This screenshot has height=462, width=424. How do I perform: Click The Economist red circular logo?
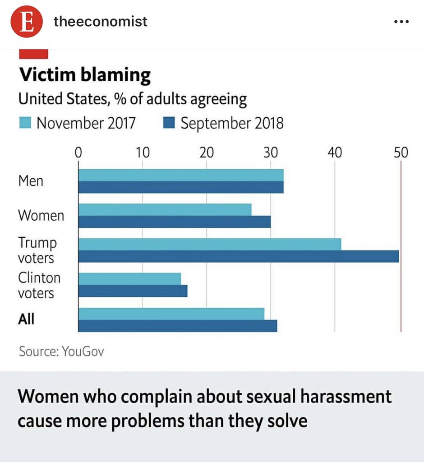[x=27, y=21]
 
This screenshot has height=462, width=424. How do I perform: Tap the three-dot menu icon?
[x=401, y=22]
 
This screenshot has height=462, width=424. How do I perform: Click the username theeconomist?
[x=100, y=21]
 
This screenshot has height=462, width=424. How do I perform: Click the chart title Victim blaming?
[x=84, y=75]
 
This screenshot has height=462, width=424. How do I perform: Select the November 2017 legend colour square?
[x=25, y=123]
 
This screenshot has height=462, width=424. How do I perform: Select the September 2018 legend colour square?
[x=169, y=123]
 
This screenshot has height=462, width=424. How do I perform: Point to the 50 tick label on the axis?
[x=400, y=152]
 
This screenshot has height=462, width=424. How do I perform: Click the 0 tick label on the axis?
[x=78, y=152]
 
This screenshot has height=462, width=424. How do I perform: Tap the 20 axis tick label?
[x=207, y=152]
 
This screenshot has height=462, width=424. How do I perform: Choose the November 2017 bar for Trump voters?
[x=209, y=244]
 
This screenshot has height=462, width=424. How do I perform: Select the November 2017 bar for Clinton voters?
[x=129, y=279]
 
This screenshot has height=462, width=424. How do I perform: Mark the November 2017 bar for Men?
[x=180, y=175]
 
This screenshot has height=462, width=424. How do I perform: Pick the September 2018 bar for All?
[x=177, y=326]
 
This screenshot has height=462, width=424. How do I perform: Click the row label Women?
[x=41, y=215]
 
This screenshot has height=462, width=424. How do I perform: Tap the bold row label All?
[x=26, y=319]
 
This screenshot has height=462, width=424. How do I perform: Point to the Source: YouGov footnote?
[x=61, y=351]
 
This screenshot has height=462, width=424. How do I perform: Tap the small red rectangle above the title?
[x=33, y=54]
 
